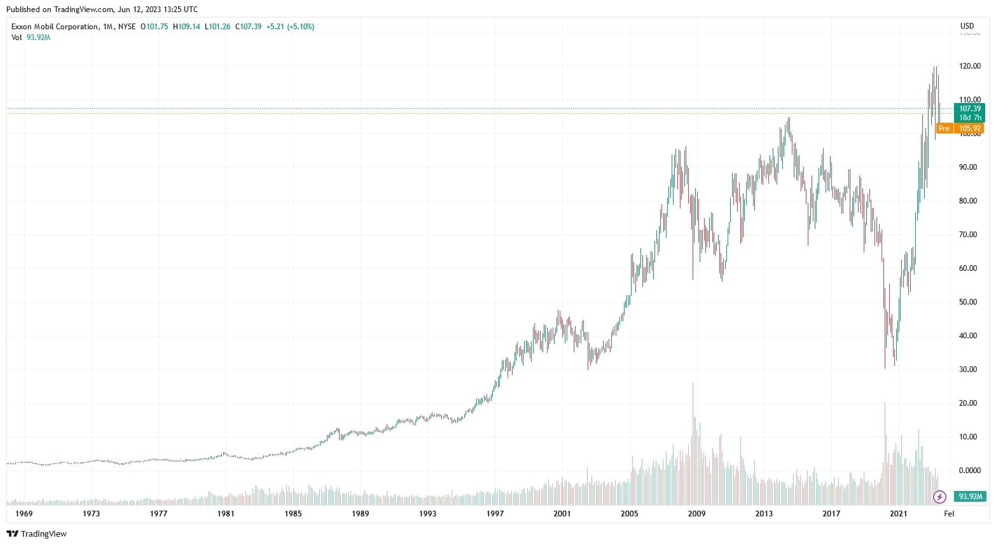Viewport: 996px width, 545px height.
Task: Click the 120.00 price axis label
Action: click(969, 66)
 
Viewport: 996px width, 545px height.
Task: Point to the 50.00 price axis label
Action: click(969, 302)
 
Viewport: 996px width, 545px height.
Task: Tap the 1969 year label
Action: click(24, 514)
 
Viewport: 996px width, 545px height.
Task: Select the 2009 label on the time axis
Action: click(696, 514)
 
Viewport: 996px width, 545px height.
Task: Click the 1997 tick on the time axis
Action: click(495, 514)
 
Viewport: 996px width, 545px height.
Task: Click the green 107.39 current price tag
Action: click(969, 109)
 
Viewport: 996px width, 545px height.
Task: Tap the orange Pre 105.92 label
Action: click(960, 128)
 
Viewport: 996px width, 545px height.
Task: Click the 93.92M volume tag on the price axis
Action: click(971, 497)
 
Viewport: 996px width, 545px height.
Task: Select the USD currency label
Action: click(967, 26)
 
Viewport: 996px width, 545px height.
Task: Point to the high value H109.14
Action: click(186, 27)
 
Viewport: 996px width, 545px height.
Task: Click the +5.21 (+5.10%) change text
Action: click(290, 27)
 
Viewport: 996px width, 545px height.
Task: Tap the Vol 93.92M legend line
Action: click(31, 38)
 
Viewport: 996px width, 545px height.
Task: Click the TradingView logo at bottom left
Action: click(36, 534)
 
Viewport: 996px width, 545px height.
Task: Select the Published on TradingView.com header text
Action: click(102, 10)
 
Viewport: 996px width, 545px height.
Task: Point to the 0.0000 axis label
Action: click(969, 471)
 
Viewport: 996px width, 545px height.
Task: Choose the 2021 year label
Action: click(898, 514)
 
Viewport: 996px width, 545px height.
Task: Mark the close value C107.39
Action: click(248, 27)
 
